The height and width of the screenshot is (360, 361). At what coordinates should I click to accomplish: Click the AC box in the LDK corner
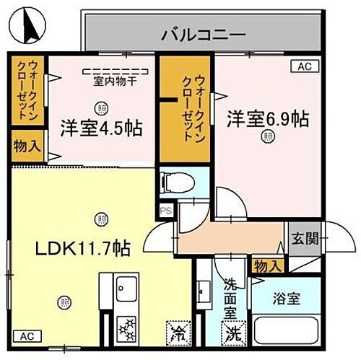click(x=26, y=336)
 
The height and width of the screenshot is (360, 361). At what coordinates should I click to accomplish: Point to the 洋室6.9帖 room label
click(x=269, y=118)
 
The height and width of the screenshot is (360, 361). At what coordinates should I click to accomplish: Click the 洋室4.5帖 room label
click(x=101, y=129)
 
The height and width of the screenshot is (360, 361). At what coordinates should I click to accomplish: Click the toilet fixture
click(x=174, y=181)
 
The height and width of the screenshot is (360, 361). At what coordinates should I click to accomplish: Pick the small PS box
click(x=166, y=211)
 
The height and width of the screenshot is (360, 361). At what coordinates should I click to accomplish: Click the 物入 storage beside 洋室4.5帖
click(x=27, y=147)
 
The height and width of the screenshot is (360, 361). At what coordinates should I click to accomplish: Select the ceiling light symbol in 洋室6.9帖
click(x=269, y=135)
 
